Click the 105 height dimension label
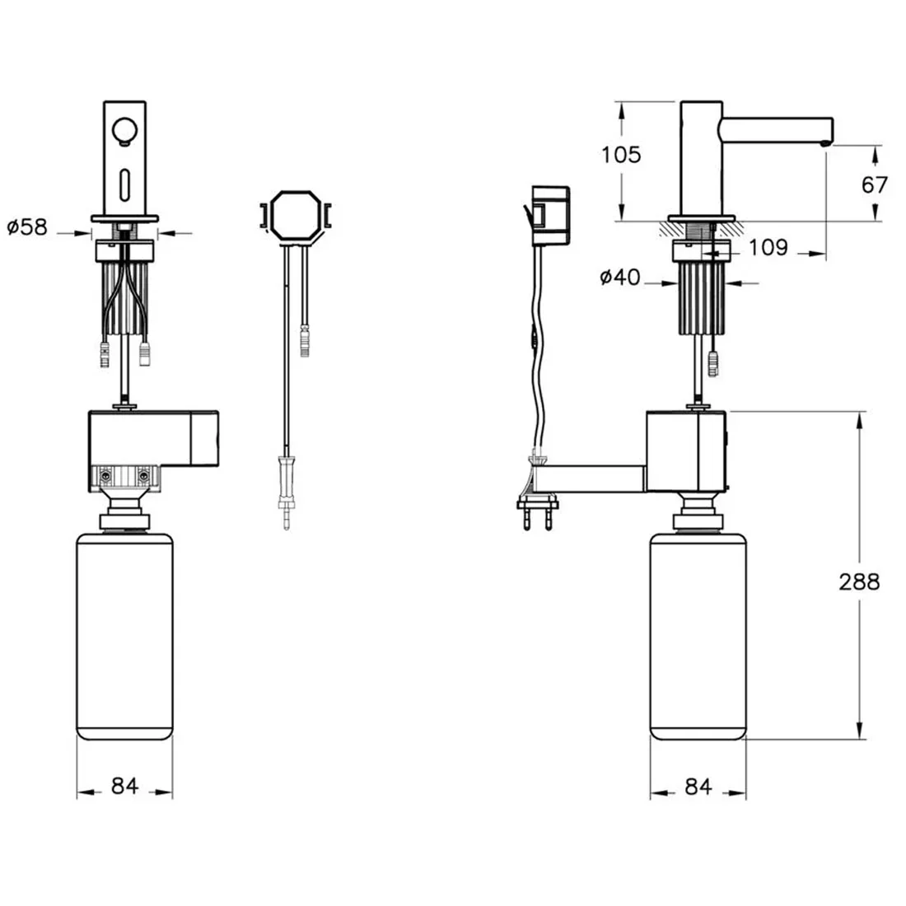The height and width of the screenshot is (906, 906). pos(621,155)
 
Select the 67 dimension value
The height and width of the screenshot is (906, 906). pos(874,184)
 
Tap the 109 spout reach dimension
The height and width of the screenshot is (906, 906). pos(768,247)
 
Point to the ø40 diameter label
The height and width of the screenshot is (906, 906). pos(620,278)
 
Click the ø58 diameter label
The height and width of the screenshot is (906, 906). pos(27,227)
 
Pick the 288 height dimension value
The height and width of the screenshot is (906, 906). pos(859,581)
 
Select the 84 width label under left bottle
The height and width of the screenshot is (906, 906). pos(125,786)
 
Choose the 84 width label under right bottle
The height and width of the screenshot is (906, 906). pos(698,787)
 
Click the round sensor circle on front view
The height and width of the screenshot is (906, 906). pos(125,131)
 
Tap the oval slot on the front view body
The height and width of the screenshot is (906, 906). pos(125,184)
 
